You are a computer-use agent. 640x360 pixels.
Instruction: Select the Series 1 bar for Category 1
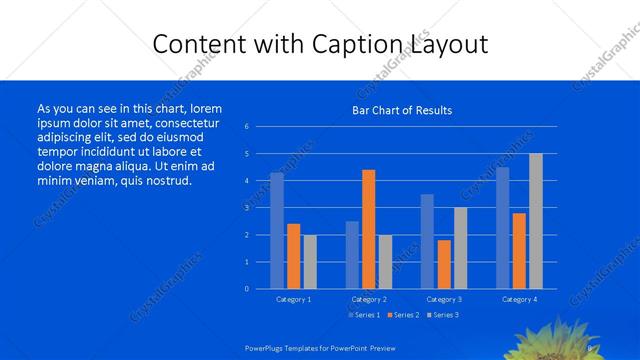[x=277, y=231]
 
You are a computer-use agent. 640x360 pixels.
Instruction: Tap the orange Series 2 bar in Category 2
[x=368, y=229]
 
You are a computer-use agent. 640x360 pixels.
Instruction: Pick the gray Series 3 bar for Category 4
[x=536, y=221]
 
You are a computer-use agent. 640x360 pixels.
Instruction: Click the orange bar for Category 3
[x=444, y=264]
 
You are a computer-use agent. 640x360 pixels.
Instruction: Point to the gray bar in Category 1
[x=310, y=262]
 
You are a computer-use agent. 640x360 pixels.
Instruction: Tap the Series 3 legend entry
[x=443, y=315]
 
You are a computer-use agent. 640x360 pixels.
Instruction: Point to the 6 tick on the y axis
[x=247, y=127]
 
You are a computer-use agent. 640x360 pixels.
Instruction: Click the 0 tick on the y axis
[x=247, y=289]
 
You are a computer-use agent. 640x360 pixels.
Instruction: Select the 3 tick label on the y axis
[x=247, y=208]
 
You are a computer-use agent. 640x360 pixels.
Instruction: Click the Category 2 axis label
[x=368, y=299]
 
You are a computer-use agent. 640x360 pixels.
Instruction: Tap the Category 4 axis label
[x=519, y=299]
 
